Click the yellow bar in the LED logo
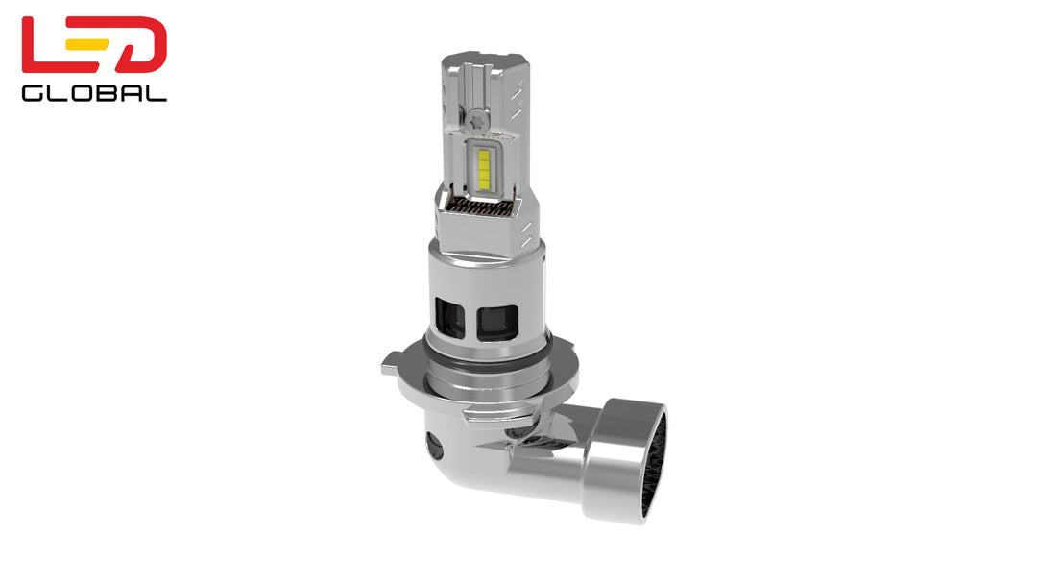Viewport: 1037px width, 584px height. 94,44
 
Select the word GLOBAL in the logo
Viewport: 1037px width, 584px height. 94,93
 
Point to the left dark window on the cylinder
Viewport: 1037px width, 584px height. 448,316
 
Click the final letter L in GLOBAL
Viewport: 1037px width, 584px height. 158,93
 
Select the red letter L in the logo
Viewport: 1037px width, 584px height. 44,44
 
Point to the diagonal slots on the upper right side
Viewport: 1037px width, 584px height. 517,97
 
